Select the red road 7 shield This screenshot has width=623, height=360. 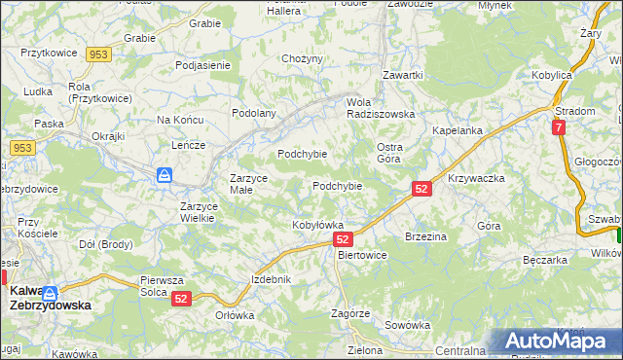pos(558,127)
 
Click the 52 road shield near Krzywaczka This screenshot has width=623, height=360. pos(421,190)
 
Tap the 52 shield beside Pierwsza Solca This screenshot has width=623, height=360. pos(182,301)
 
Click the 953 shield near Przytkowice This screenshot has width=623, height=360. pos(96,54)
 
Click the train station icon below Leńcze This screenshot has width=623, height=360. pos(165,176)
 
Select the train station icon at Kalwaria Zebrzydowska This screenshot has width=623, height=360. pos(49,292)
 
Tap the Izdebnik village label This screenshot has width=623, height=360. pos(271,279)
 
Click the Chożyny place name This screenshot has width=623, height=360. pos(301,59)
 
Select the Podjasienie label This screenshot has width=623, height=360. pos(202,65)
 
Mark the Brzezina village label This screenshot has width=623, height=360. pos(425,236)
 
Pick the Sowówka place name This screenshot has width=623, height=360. pos(407,325)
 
